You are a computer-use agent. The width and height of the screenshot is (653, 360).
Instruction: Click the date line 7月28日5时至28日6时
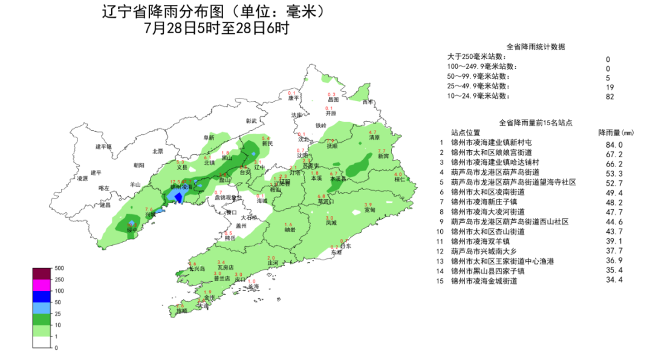[216, 28]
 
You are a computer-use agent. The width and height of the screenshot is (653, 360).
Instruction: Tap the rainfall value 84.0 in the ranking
[614, 145]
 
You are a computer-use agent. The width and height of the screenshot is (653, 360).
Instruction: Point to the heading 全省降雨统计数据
[535, 47]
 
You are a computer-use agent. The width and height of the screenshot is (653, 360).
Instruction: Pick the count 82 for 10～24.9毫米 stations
[609, 97]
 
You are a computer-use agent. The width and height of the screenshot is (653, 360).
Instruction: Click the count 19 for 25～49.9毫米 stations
[609, 87]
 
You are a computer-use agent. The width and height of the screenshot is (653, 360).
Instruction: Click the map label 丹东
[345, 246]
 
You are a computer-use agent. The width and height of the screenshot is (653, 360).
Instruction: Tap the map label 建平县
[104, 146]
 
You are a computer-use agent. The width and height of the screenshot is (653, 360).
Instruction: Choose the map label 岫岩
[290, 230]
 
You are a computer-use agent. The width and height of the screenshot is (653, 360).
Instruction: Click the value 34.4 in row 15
[614, 280]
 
